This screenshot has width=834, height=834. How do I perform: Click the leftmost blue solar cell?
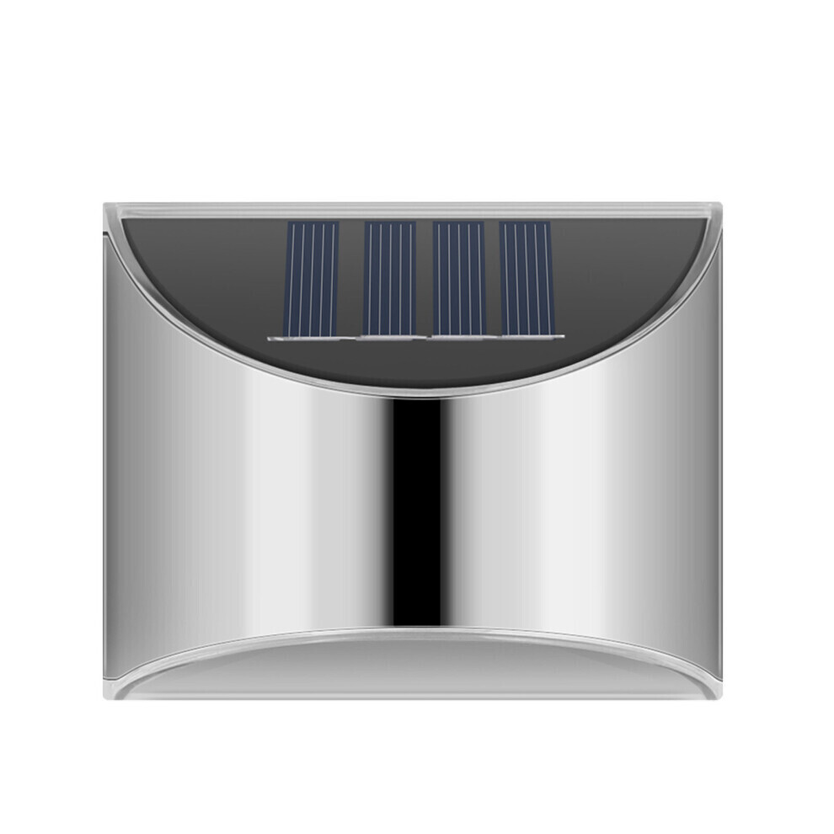coord(313,278)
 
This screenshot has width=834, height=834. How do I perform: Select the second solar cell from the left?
coord(388,278)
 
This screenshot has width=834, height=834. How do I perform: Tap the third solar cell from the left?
coord(458,278)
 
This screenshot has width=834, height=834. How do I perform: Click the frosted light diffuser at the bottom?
coord(413,670)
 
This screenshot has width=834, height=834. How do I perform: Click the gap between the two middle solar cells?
coord(424,278)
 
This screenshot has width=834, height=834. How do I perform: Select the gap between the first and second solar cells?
coord(351,278)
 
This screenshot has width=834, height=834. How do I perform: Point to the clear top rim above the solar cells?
coord(413,210)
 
